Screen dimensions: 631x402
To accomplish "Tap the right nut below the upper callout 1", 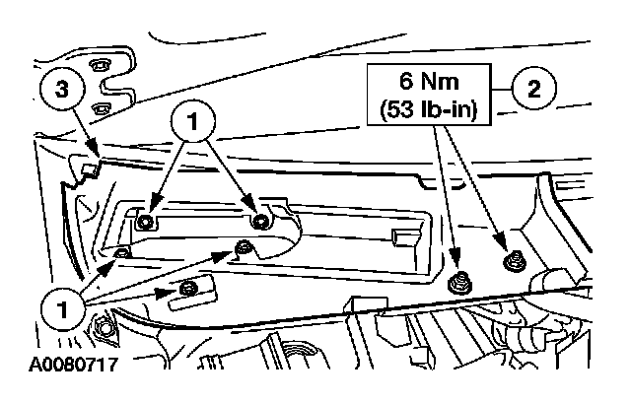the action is (260, 220).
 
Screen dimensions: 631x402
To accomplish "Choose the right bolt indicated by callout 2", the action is (512, 261).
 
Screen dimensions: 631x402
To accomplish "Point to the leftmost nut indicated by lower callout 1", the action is (120, 254).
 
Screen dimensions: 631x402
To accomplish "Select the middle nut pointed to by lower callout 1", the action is (240, 245).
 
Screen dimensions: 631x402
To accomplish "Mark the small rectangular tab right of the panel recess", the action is (399, 235).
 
